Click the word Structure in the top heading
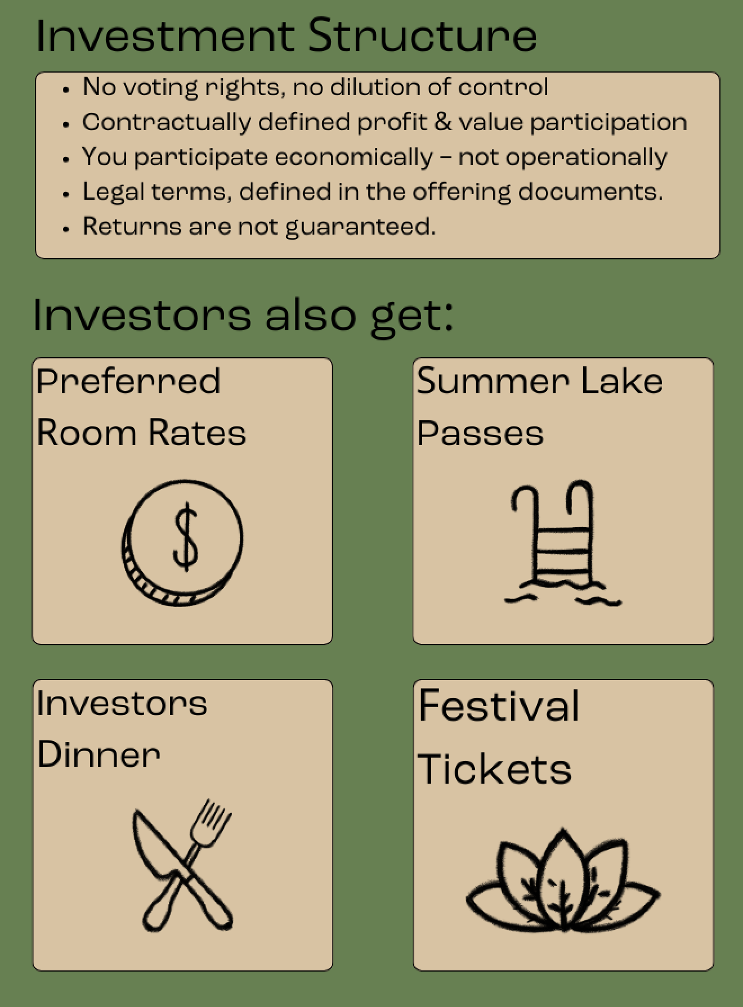pyautogui.click(x=422, y=36)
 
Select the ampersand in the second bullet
pyautogui.click(x=443, y=122)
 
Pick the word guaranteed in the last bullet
pyautogui.click(x=360, y=227)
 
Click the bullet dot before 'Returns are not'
pyautogui.click(x=66, y=229)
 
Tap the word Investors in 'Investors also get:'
pyautogui.click(x=141, y=315)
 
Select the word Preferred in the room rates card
pyautogui.click(x=128, y=381)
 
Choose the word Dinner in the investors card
pyautogui.click(x=99, y=754)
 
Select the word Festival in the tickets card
pyautogui.click(x=499, y=706)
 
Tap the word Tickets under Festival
pyautogui.click(x=494, y=769)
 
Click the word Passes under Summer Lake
pyautogui.click(x=480, y=433)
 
